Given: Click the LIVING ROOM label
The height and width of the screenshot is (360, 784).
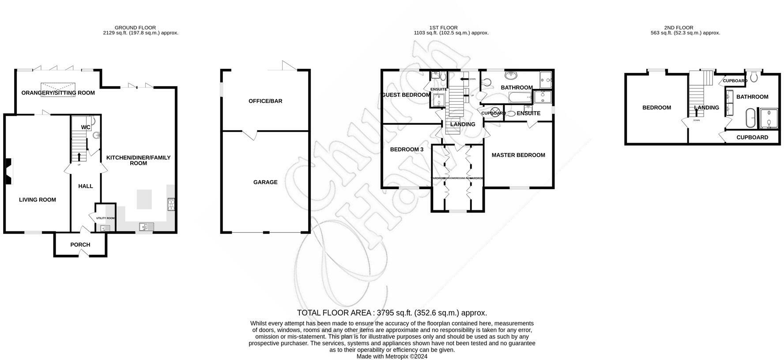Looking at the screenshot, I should pos(38,200).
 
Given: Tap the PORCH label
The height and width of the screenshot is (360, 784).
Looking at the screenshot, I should pos(80,245).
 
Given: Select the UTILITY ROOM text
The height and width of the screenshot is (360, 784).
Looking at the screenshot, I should pos(105,218).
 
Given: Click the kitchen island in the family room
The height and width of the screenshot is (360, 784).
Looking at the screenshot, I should pos(144,199).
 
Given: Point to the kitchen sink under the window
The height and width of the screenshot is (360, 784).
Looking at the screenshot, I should pos(145,227).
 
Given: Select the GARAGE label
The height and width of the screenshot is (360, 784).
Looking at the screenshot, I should pos(265,182).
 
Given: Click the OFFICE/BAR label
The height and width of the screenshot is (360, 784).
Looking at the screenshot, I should pos(265,101).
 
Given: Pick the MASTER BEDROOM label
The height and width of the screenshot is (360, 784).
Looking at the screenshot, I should pos(518,155).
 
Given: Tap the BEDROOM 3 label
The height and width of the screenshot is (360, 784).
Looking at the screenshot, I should pos(407,150).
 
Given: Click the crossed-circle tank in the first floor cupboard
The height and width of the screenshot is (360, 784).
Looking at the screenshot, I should pos(496,112).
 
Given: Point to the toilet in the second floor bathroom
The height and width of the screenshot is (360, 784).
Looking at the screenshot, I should pos(754,77).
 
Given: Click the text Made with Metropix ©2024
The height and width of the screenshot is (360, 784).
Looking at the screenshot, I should pos(392,356).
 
